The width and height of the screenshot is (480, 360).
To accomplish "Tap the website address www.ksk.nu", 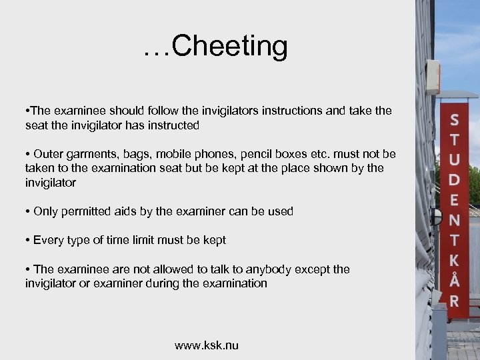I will tap(207, 345).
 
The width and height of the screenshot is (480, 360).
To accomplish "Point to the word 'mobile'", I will tap(175, 154).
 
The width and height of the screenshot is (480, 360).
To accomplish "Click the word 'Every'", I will tap(49, 240).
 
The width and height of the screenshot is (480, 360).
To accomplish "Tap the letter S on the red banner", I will tap(454, 121).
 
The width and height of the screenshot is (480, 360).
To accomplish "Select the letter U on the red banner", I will tap(454, 160).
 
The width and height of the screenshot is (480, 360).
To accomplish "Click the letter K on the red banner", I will tap(454, 261).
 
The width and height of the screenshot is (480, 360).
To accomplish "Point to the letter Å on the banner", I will tap(454, 281).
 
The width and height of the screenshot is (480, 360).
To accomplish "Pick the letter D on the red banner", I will tap(454, 180).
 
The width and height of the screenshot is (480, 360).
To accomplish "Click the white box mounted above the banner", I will tap(433, 76).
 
